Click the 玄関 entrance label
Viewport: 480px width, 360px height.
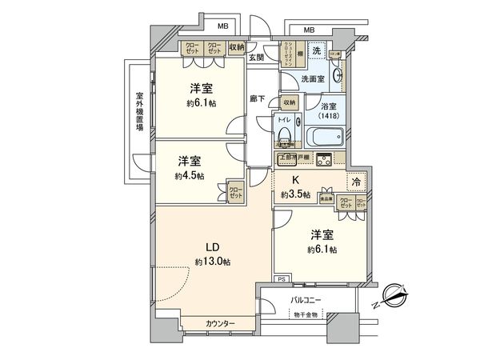click(x=256, y=57)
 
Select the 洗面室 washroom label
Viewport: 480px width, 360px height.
click(x=312, y=78)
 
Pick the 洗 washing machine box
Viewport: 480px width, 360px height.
click(x=317, y=51)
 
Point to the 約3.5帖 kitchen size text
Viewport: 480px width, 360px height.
click(x=296, y=194)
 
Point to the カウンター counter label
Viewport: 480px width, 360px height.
click(x=220, y=323)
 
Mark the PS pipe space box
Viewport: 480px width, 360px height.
click(x=281, y=278)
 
